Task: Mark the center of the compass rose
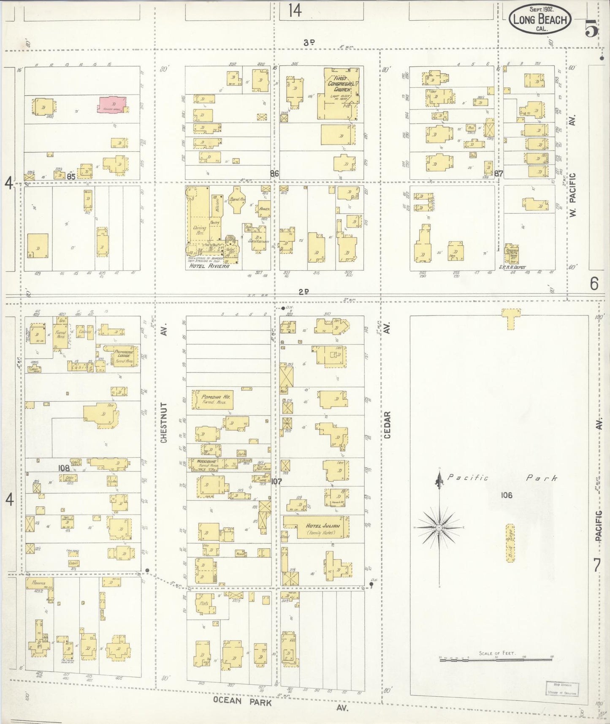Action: [x=439, y=528]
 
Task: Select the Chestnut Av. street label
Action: [x=164, y=422]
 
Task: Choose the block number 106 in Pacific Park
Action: [x=506, y=495]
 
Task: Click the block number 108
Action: [x=64, y=468]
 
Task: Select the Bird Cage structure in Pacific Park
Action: [x=510, y=543]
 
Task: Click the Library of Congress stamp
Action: [x=562, y=689]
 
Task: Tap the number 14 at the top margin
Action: [x=295, y=11]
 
